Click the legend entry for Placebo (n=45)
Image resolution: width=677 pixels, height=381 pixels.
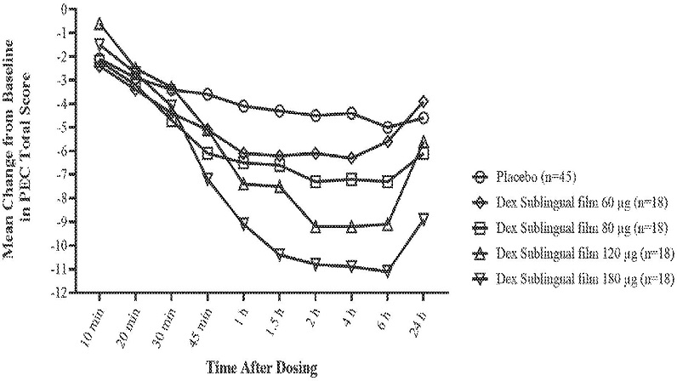tap(528, 178)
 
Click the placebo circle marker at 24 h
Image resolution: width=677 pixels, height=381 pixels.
tap(424, 117)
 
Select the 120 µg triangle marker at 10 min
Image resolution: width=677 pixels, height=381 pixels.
tap(100, 24)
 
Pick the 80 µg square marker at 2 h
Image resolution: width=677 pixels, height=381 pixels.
tap(316, 181)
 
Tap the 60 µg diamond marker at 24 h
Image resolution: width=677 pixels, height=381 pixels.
tap(424, 101)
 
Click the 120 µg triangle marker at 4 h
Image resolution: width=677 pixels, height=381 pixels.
tap(351, 226)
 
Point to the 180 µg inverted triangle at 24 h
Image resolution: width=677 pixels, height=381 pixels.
tap(424, 219)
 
